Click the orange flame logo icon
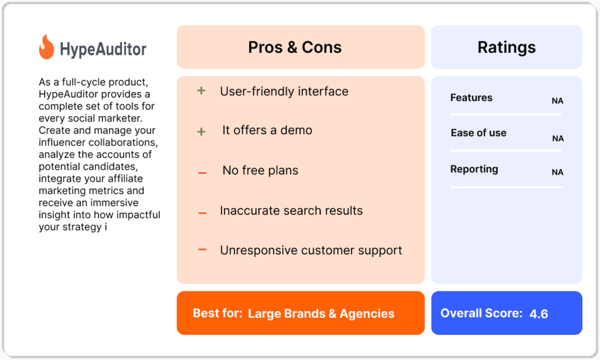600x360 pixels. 46,47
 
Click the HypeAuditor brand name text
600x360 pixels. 103,49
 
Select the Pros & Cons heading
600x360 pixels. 295,47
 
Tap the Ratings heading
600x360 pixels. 506,47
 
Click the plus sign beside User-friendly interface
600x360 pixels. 201,91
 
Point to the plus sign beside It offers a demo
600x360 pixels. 201,131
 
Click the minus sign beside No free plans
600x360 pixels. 202,173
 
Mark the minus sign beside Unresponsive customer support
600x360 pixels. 202,250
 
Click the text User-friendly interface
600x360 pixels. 284,91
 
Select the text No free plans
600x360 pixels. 260,171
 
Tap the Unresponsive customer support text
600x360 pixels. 311,250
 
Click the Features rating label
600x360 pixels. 471,98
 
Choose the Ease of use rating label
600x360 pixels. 478,133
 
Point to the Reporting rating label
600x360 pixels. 474,169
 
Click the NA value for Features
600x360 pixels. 557,101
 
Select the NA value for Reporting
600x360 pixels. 557,172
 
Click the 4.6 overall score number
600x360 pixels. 538,314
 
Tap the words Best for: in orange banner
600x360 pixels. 217,313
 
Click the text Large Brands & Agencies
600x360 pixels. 321,314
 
